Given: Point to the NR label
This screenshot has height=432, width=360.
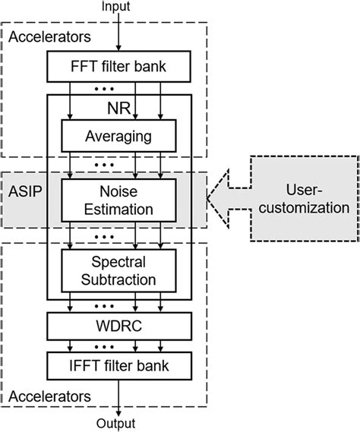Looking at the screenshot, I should [x=114, y=109].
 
